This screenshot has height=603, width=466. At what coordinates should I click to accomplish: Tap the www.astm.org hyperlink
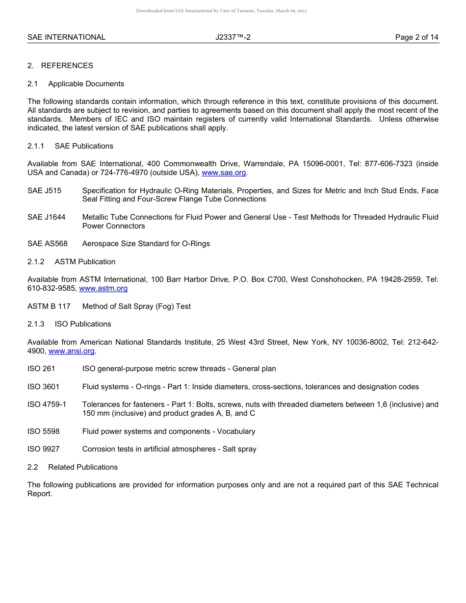pos(103,288)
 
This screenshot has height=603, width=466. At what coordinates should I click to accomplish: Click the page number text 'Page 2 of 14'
pos(416,37)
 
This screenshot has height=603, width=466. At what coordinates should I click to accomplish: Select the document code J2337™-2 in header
pos(233,37)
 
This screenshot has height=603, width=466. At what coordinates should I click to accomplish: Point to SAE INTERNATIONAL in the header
pos(66,37)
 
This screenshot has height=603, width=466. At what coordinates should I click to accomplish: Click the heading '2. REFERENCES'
pos(60,66)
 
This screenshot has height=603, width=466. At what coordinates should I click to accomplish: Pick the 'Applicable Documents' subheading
pos(86,84)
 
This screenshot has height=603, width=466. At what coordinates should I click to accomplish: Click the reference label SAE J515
pos(44,191)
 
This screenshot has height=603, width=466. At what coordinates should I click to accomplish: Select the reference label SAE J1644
pos(46,217)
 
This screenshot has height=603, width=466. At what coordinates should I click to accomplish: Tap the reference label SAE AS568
pos(47,244)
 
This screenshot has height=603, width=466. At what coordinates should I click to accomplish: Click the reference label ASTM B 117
pos(49,306)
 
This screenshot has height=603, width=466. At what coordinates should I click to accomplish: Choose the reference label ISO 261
pos(41,369)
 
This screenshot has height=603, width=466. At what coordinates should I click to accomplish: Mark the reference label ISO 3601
pos(43,387)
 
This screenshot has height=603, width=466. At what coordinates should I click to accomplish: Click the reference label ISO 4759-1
pos(47,404)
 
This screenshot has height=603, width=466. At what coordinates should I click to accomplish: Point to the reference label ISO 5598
pos(43,431)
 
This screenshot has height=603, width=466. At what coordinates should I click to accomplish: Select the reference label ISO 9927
pos(43,449)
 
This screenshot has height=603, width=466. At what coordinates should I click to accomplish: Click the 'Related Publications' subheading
pos(82,467)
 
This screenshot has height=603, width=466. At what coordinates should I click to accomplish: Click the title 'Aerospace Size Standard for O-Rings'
pos(146,244)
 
